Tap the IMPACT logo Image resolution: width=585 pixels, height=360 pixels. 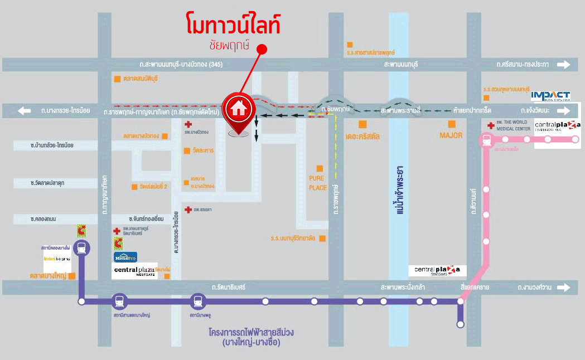point(550,96)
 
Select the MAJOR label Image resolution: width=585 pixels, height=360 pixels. point(452,135)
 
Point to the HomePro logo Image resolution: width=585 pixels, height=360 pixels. point(125,257)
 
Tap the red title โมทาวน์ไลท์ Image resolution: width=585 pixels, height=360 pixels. point(233,26)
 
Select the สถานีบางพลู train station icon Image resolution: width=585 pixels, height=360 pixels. point(197,301)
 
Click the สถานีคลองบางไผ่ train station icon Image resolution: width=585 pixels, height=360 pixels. point(82,249)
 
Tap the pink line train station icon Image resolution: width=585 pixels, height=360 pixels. point(487,139)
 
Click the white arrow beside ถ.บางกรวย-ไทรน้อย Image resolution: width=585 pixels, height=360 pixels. point(24,111)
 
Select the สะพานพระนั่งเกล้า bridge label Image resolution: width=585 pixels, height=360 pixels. point(403,288)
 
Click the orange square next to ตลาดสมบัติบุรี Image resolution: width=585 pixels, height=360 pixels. point(117,79)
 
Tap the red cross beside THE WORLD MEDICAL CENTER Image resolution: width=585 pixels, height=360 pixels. point(490,125)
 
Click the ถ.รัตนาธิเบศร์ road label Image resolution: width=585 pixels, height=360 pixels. point(229,288)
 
